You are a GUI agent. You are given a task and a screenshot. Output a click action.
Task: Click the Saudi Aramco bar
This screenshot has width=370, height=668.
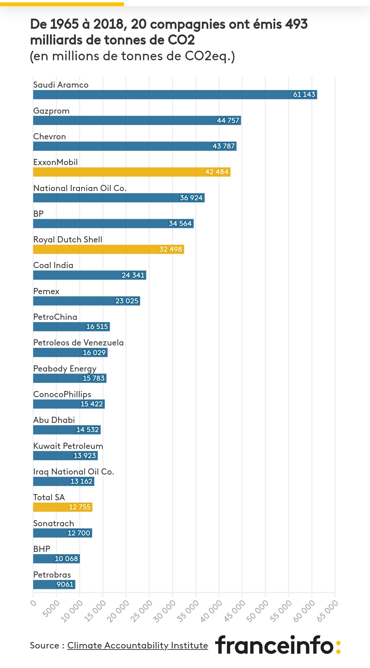coord(175,94)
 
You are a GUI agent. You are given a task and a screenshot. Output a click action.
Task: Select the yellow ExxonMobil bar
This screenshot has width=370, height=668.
coord(132,172)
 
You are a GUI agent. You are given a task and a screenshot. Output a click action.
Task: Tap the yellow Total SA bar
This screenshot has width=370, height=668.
coord(63,507)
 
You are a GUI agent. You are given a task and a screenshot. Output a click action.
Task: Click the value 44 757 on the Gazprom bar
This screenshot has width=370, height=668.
coord(228,121)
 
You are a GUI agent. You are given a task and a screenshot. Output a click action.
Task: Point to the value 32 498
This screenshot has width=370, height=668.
coord(171,249)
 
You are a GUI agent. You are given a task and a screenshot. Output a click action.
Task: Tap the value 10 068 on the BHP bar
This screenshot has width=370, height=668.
coord(66,559)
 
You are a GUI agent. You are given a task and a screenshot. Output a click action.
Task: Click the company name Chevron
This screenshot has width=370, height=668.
coord(50,137)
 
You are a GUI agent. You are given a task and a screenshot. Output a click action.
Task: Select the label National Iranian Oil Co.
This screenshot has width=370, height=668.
coord(80,188)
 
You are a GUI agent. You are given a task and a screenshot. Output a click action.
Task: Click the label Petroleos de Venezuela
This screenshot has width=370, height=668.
coord(78,343)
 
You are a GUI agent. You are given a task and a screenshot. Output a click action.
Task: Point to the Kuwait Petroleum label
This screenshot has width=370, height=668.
coord(68,446)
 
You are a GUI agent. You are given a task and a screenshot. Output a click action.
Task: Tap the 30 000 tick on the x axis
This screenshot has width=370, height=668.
coord(164,611)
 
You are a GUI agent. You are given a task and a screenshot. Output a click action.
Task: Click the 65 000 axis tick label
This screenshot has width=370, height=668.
coord(327,611)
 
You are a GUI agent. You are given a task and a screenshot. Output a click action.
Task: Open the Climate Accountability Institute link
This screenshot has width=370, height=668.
coord(137,645)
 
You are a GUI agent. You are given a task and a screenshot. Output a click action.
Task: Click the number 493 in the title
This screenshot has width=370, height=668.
coord(297,24)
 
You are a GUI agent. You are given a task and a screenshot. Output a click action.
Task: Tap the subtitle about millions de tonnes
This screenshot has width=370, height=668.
coord(132,56)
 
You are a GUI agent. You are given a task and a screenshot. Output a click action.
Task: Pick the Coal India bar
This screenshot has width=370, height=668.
coord(89,275)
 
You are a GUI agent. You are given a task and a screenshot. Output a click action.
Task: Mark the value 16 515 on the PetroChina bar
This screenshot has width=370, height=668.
coord(97,327)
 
